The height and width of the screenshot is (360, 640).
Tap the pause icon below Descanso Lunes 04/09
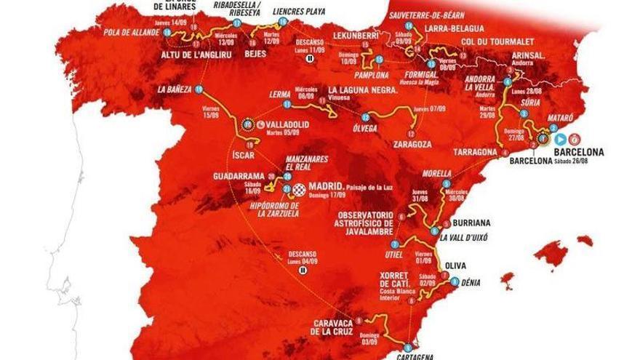303,268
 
